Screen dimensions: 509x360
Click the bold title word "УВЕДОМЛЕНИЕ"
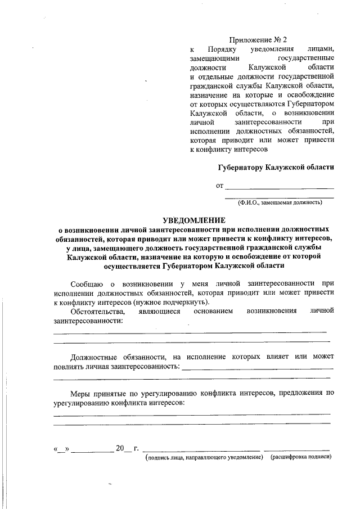click(193, 220)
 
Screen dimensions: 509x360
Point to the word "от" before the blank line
click(220, 185)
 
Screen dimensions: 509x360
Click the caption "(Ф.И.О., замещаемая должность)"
click(279, 202)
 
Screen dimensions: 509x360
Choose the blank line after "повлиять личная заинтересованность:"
click(256, 369)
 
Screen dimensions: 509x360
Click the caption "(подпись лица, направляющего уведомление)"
click(204, 457)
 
